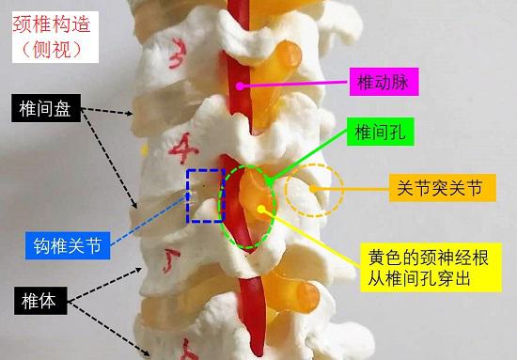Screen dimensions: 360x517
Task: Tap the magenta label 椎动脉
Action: (x=382, y=83)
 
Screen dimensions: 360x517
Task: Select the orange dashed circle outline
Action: (x=314, y=191)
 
